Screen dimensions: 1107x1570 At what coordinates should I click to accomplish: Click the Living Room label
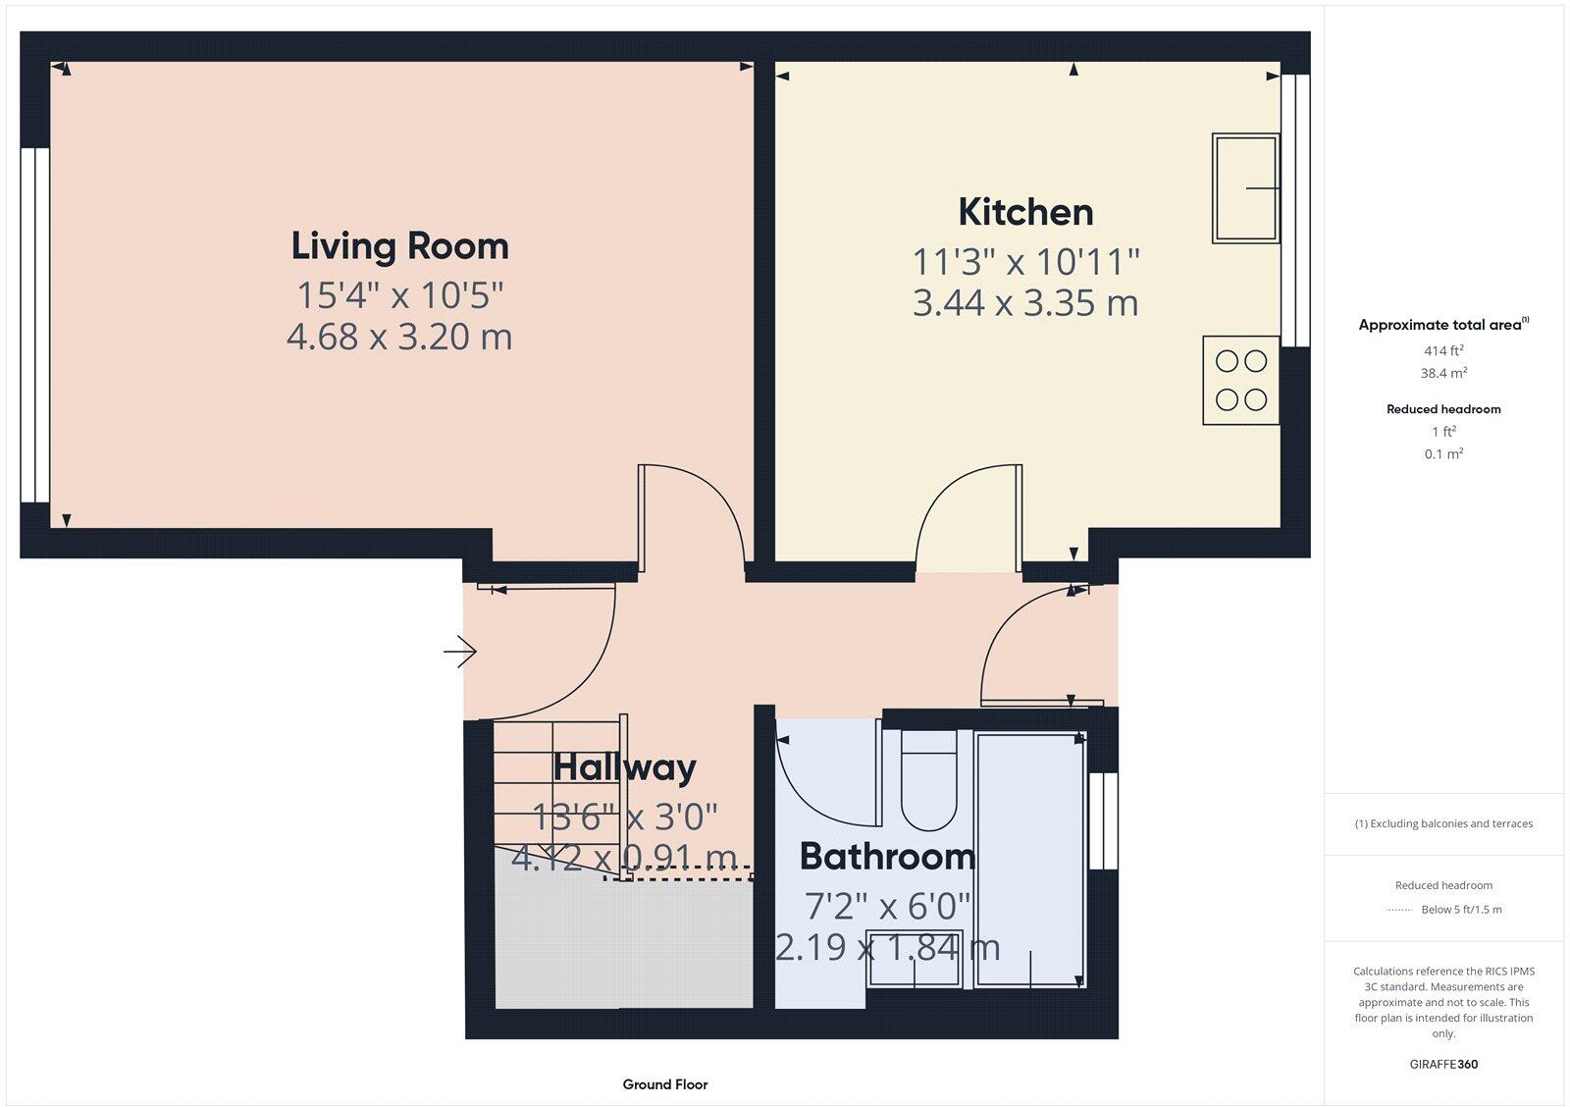click(x=399, y=245)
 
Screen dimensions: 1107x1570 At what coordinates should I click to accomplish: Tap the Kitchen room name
click(x=1025, y=212)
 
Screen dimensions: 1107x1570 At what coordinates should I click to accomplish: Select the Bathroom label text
click(x=887, y=856)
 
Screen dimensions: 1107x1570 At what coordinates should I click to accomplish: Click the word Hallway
click(x=624, y=766)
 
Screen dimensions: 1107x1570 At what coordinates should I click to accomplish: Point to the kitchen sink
click(x=1245, y=188)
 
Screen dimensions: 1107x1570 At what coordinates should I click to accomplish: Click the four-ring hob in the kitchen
click(x=1240, y=381)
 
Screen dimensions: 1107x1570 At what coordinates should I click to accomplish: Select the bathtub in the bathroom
click(x=1030, y=859)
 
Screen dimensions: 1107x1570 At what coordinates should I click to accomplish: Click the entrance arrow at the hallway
click(x=459, y=651)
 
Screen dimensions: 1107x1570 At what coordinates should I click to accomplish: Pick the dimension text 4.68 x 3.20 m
click(x=399, y=337)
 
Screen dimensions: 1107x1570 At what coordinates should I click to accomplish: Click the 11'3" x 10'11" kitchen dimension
click(x=1025, y=262)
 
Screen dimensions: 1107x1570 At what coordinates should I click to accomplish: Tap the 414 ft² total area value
click(x=1443, y=350)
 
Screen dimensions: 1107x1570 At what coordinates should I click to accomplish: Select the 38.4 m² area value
click(x=1443, y=373)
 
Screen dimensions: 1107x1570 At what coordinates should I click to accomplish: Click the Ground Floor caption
click(x=664, y=1084)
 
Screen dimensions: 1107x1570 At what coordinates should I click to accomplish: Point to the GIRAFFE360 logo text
click(x=1443, y=1064)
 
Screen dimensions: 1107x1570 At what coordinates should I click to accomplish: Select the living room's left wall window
click(x=35, y=325)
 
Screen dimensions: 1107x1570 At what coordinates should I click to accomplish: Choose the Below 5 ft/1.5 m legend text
click(x=1461, y=910)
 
